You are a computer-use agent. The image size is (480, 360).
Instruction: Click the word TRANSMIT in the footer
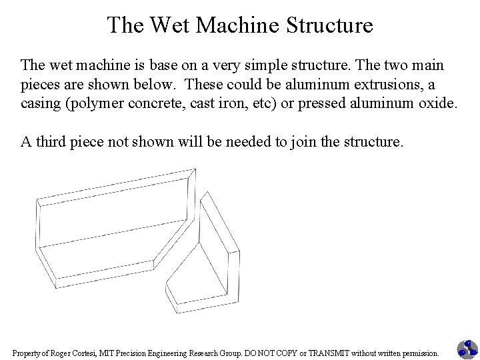325,352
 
